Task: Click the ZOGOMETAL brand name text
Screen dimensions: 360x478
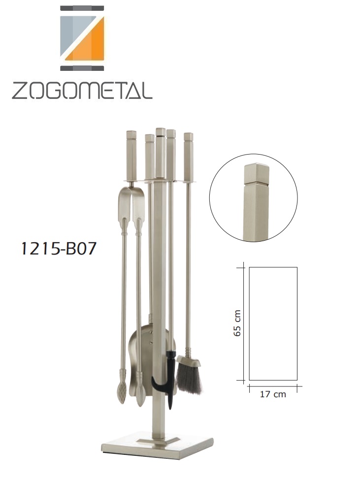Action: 82,90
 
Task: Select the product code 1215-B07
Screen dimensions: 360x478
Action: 58,249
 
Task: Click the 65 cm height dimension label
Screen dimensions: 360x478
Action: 237,323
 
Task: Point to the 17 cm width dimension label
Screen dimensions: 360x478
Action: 273,394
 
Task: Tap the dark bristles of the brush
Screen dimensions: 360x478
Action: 189,378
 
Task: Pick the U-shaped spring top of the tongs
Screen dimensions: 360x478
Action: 131,201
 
